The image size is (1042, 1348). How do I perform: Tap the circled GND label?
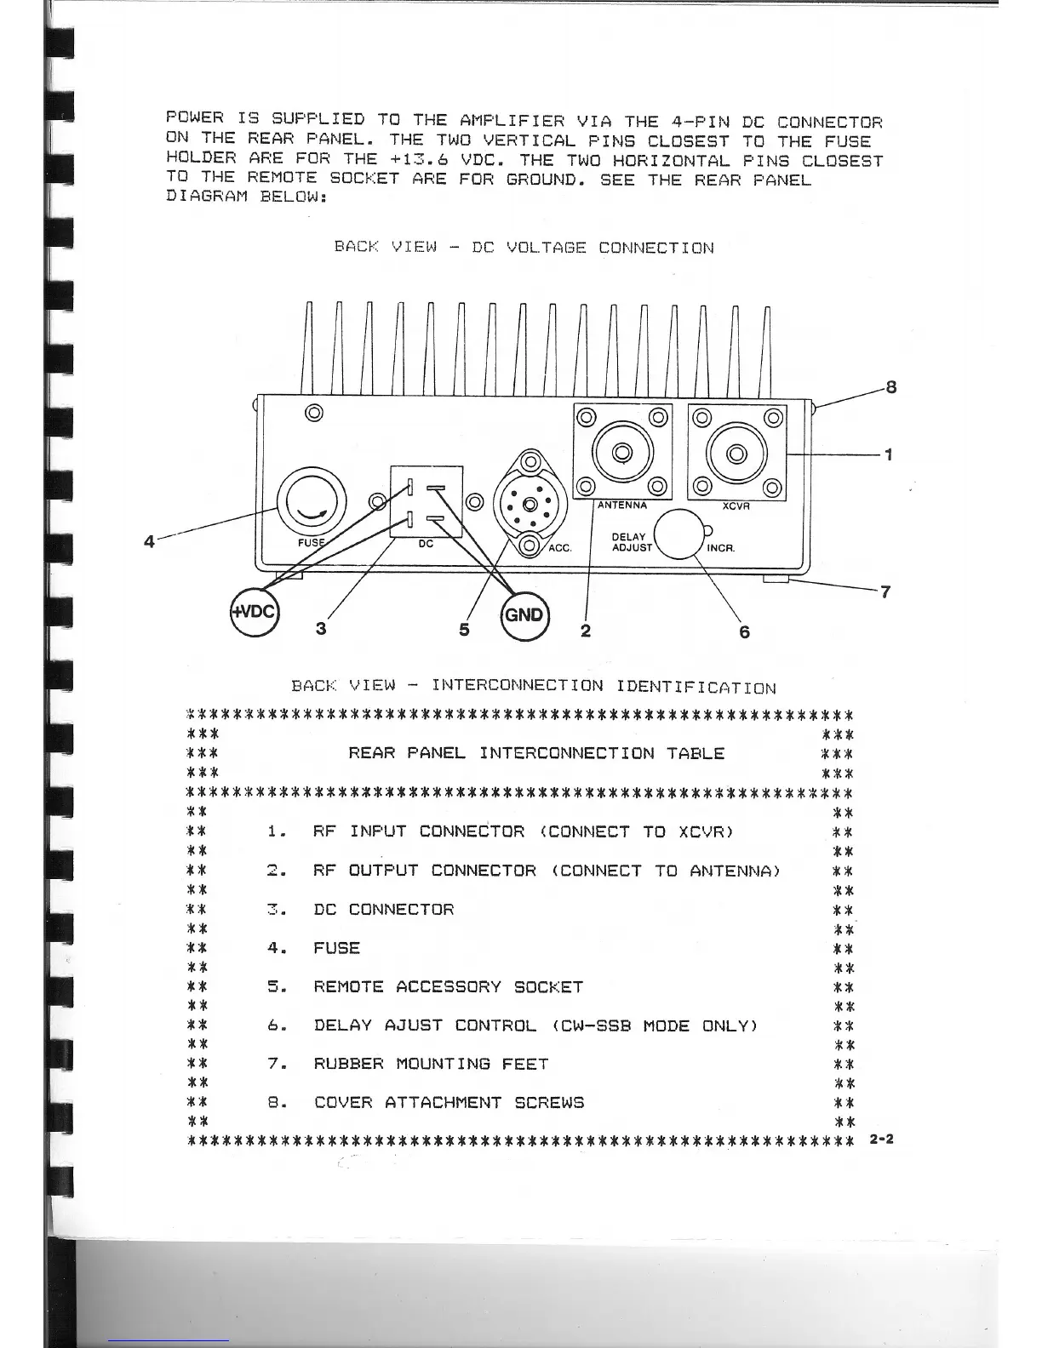[524, 614]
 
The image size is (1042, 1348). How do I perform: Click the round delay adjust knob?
[678, 534]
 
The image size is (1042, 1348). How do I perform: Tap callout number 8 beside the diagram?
[891, 388]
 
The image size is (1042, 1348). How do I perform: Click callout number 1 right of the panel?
[889, 454]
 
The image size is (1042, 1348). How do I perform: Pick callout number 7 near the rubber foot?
[885, 592]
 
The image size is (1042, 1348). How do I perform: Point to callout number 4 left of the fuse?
[149, 541]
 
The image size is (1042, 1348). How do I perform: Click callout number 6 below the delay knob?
[744, 632]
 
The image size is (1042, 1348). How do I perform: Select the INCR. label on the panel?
[720, 548]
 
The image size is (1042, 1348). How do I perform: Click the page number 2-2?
[882, 1139]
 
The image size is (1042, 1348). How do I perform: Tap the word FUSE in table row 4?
[336, 948]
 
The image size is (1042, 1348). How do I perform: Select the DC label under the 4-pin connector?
[426, 545]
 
